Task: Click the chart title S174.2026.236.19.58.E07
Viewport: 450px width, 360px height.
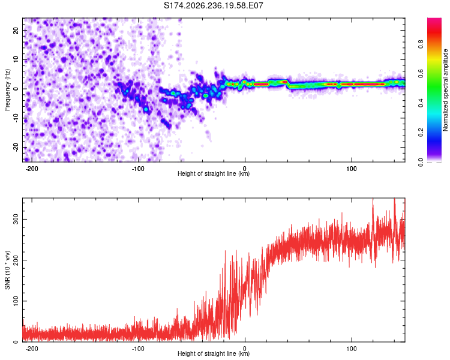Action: tap(213, 5)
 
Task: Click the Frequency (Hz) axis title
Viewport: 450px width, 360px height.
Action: tap(7, 90)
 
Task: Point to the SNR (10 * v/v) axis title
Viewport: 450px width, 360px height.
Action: tap(7, 270)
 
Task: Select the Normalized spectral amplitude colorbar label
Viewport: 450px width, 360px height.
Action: tap(445, 90)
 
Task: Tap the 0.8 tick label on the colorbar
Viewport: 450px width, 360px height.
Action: tap(421, 44)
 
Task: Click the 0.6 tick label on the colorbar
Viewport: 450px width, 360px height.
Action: tap(421, 74)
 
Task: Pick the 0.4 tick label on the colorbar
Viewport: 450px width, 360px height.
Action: tap(421, 103)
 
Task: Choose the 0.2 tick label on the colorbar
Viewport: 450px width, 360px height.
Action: tap(421, 133)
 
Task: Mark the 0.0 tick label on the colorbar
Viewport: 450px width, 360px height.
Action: tap(421, 162)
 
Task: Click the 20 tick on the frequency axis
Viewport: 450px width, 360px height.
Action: tap(16, 30)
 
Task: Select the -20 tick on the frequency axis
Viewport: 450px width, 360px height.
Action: tap(16, 148)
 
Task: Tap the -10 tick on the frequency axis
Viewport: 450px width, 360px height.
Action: tap(16, 118)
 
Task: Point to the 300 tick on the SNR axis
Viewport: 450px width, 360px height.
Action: tap(16, 219)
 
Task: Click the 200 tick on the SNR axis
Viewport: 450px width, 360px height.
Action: tap(16, 260)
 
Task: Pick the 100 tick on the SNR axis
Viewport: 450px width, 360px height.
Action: tap(16, 301)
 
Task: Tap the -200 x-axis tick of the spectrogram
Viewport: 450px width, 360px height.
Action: tap(32, 169)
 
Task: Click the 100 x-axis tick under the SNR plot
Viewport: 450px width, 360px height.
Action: tap(352, 349)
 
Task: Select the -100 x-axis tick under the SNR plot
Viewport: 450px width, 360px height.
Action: tap(138, 349)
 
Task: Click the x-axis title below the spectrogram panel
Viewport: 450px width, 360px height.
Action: tap(214, 173)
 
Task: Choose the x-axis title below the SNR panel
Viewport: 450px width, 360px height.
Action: tap(214, 353)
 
